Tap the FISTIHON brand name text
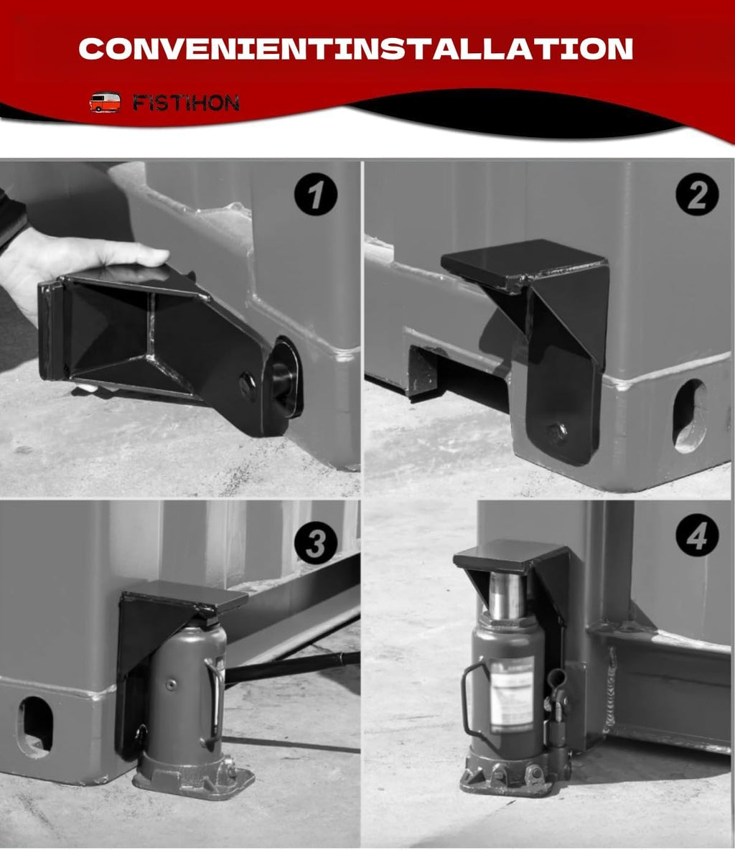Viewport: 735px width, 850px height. click(185, 103)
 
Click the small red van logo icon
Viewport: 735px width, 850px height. click(105, 102)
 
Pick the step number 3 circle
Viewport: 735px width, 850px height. click(315, 545)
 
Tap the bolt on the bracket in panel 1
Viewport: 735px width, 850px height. click(248, 386)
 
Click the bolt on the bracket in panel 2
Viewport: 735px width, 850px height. click(556, 432)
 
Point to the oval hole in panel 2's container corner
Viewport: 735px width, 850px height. click(689, 416)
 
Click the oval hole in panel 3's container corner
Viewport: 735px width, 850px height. click(35, 726)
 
